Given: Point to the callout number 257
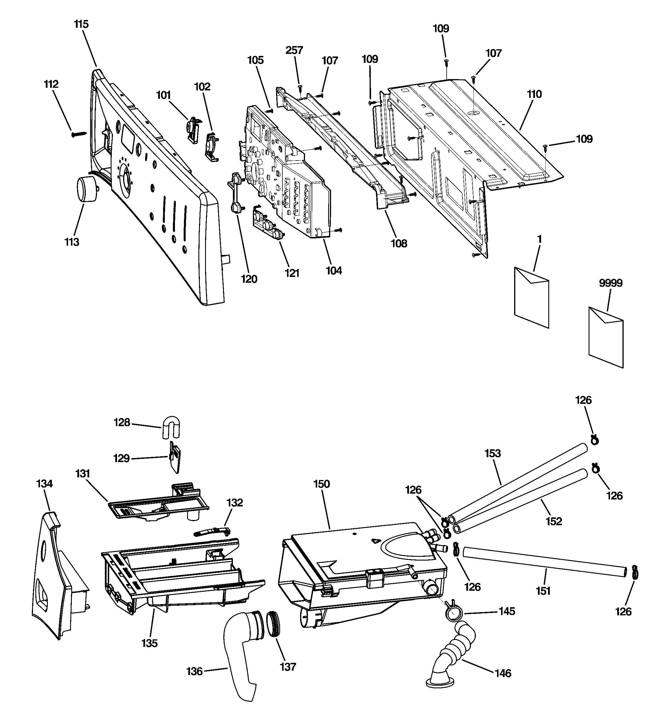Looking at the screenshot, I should (x=294, y=50).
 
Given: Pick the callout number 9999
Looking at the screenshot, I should (x=611, y=283).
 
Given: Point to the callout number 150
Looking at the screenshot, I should (x=322, y=484).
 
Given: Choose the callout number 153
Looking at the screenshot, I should (x=493, y=453).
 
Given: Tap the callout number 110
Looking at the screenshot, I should (x=534, y=94).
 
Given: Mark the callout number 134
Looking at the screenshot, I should (x=45, y=484).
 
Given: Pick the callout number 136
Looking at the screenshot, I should (x=194, y=671).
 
